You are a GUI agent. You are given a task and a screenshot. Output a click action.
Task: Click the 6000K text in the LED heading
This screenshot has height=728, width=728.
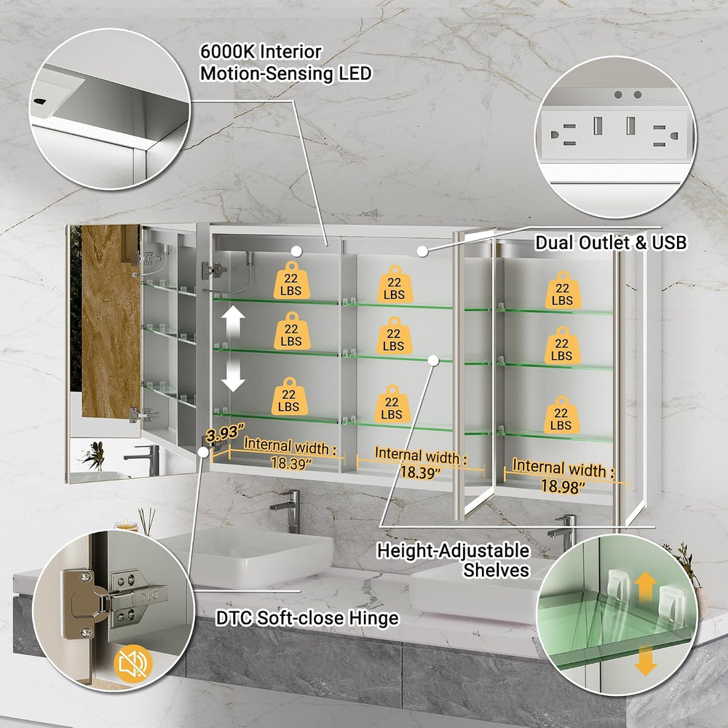pos(227,52)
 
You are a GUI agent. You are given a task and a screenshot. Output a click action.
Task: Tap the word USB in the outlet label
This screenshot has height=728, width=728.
pos(669,242)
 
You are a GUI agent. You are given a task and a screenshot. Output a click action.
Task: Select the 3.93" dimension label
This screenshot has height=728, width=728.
pos(225,432)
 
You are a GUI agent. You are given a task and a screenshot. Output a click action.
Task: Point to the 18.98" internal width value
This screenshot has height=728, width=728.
pos(563,486)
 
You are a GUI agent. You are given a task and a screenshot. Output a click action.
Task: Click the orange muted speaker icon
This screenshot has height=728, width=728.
pos(132,663)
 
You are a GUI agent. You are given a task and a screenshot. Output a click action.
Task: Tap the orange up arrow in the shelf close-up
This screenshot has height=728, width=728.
pos(645,587)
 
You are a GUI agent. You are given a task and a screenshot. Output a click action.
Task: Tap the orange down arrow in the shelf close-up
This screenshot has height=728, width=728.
pos(645,660)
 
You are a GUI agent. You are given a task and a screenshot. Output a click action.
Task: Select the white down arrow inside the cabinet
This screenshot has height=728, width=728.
pos(233,376)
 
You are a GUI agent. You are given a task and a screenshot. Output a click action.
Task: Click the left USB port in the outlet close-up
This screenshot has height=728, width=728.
pos(598,125)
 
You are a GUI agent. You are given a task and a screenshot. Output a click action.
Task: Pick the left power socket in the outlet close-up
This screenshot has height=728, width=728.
pos(564,135)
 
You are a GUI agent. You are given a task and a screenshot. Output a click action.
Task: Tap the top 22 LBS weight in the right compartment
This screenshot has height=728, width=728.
pos(563,290)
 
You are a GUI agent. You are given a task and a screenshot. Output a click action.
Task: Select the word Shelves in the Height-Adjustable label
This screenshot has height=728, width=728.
pos(496,570)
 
